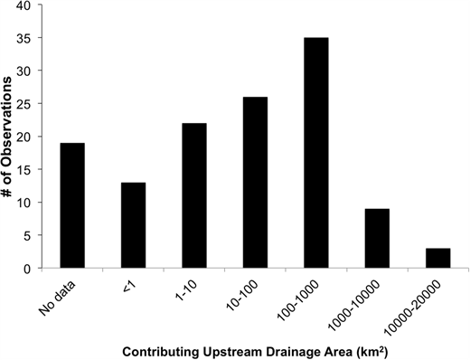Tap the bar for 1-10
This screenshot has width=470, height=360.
coord(193,195)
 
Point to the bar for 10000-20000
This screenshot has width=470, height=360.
coord(437,259)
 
